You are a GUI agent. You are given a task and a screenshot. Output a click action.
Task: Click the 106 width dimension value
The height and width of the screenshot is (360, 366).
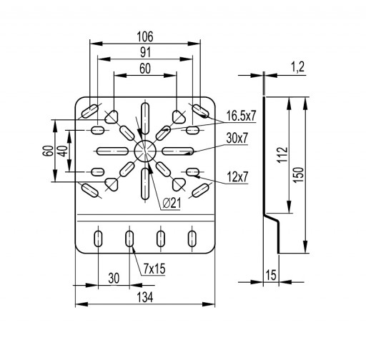click(x=145, y=36)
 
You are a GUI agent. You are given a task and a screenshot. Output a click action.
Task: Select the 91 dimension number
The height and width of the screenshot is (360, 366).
click(x=145, y=52)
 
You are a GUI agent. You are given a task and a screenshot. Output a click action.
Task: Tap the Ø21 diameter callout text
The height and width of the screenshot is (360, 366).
click(x=172, y=203)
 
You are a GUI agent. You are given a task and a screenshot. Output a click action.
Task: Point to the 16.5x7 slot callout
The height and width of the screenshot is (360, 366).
click(x=241, y=116)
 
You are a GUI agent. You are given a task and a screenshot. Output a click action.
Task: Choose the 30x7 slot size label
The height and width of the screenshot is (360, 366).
click(x=237, y=138)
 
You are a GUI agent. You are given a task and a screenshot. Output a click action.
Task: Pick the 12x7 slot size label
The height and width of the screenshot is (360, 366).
click(x=237, y=177)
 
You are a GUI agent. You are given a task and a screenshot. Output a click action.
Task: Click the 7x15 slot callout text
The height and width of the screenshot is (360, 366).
click(x=154, y=269)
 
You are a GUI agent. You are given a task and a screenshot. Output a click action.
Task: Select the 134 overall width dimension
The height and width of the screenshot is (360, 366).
click(x=145, y=298)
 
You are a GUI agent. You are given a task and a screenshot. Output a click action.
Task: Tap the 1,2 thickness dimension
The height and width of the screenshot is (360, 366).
click(x=297, y=67)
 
